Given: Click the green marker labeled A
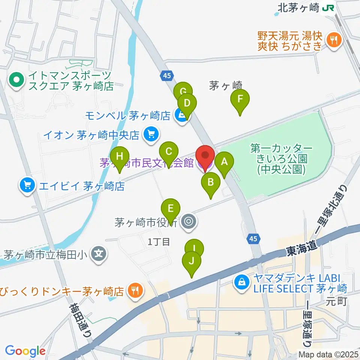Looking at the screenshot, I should (x=224, y=162).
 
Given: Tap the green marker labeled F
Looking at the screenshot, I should (x=240, y=100).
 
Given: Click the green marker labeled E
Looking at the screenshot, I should (x=171, y=208).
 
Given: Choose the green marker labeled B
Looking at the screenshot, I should (x=211, y=183).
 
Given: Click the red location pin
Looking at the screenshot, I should (x=205, y=156).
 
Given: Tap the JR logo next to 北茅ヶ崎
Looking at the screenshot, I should (x=329, y=7).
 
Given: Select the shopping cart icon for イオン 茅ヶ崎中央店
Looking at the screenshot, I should (x=151, y=134).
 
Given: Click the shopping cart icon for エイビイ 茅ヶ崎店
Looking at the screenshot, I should (x=27, y=185).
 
